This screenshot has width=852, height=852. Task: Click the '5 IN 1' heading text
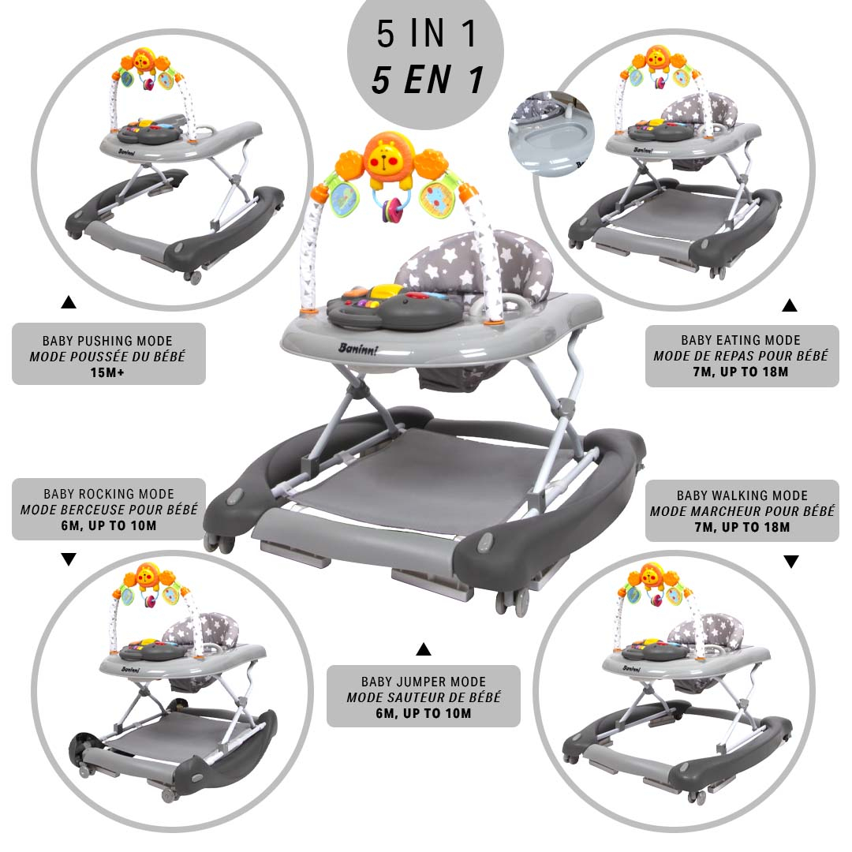pyautogui.click(x=427, y=33)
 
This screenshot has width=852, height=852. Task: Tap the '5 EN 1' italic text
pyautogui.click(x=428, y=80)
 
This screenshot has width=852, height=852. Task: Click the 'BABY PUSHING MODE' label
pyautogui.click(x=107, y=341)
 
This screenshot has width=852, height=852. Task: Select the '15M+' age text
pyautogui.click(x=107, y=372)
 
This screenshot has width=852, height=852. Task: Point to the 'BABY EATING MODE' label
pyautogui.click(x=741, y=340)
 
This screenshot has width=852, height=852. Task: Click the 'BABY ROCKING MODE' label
pyautogui.click(x=109, y=494)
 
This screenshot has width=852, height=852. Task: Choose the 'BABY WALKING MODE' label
pyautogui.click(x=742, y=495)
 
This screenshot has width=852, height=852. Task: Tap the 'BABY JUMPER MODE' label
pyautogui.click(x=424, y=682)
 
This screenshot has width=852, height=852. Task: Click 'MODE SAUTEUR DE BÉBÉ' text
pyautogui.click(x=424, y=697)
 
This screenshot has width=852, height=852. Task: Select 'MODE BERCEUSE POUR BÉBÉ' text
pyautogui.click(x=109, y=510)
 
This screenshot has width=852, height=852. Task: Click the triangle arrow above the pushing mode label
pyautogui.click(x=69, y=302)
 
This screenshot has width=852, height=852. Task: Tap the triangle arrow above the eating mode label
pyautogui.click(x=790, y=305)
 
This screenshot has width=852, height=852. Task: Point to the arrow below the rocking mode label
pyautogui.click(x=69, y=559)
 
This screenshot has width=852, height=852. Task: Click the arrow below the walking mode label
pyautogui.click(x=791, y=562)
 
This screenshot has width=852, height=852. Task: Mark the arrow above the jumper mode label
pyautogui.click(x=424, y=648)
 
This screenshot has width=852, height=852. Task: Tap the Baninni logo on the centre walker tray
pyautogui.click(x=357, y=349)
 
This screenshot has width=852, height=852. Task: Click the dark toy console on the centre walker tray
pyautogui.click(x=394, y=307)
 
